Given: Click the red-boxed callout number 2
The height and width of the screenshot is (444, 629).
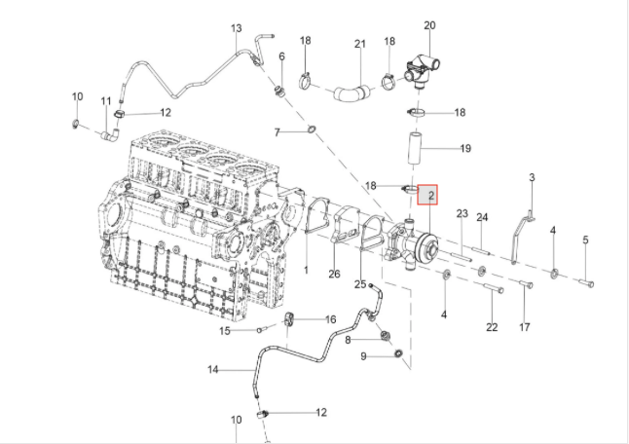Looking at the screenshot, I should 428,195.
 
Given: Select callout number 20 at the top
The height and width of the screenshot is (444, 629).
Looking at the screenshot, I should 429,24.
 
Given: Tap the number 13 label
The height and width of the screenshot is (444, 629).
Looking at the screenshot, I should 236,29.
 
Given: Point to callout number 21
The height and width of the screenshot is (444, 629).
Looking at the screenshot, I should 359,45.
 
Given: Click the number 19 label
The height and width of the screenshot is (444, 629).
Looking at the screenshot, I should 465,149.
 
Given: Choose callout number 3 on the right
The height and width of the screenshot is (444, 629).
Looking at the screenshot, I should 532,177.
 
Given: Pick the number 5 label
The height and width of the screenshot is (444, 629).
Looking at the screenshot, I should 585,240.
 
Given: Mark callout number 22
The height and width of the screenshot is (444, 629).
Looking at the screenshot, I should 492,327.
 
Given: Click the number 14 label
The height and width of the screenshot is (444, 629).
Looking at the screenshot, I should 213,370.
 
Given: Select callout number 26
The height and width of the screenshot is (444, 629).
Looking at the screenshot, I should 334,274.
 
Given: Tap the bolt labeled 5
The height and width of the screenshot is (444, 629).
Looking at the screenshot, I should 585,282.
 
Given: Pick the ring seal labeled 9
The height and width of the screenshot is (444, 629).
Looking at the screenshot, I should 399,363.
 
